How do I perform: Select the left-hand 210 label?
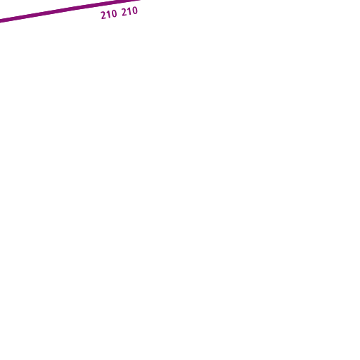(x=109, y=15)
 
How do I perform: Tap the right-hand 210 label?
(x=129, y=11)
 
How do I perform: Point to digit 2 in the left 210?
(x=103, y=15)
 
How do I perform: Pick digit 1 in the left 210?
(x=108, y=15)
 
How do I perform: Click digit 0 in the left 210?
(x=114, y=14)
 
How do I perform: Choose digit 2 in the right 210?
(x=124, y=13)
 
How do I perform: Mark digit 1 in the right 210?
(x=129, y=11)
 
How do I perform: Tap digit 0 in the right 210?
(x=135, y=11)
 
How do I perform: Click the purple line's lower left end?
(x=0, y=21)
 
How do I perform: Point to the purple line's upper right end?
(x=140, y=0)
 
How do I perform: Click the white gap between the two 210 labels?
(x=120, y=13)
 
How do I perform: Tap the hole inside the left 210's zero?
(x=114, y=14)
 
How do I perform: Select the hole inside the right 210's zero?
(x=135, y=11)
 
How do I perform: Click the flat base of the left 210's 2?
(x=104, y=18)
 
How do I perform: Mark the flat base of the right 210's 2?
(x=125, y=15)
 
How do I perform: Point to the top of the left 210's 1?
(x=108, y=11)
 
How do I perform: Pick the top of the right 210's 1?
(x=129, y=8)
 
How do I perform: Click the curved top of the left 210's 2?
(x=103, y=12)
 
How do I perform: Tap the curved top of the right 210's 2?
(x=124, y=9)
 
